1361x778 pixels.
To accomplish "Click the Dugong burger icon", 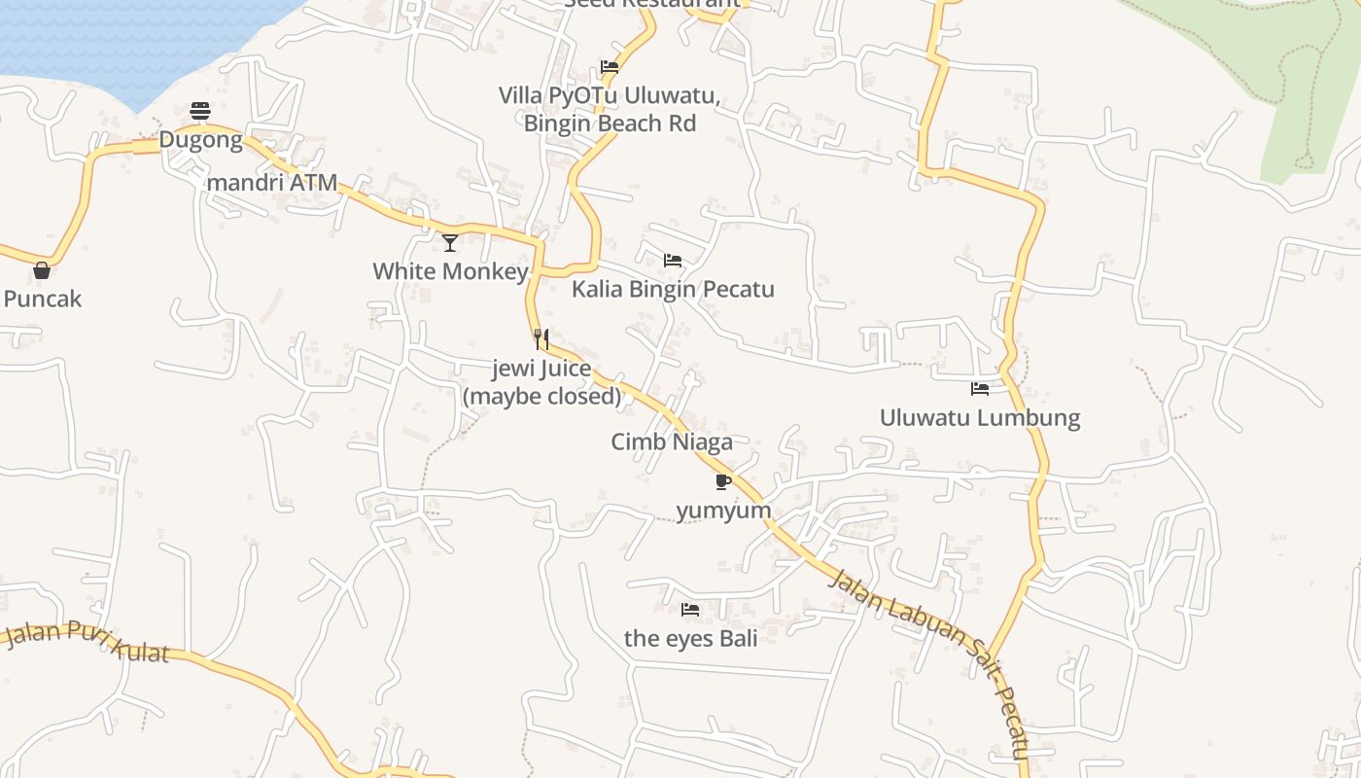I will pos(200,111).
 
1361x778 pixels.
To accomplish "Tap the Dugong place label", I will pos(200,140).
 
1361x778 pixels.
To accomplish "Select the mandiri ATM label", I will pos(272,182).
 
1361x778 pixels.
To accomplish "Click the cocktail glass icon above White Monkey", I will pos(450,242).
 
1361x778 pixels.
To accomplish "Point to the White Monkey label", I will pos(450,271).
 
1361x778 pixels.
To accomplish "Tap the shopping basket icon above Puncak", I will pos(42,270).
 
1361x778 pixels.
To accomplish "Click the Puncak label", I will pos(43,299).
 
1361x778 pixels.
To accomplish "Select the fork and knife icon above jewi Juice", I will pos(541,339).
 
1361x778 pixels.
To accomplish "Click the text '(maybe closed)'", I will pos(541,396).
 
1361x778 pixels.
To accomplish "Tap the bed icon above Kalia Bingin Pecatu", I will pos(672,261).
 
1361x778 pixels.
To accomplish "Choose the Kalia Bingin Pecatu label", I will pos(673,289).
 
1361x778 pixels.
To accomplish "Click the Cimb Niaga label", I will pos(672,442).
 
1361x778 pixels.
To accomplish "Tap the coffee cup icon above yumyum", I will pos(723,481).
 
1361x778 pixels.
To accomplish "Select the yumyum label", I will pos(723,511).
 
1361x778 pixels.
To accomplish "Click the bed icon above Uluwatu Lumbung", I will pos(980,389).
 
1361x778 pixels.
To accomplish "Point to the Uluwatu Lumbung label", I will pos(980,418).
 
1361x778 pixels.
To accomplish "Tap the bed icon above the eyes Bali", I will pos(690,610).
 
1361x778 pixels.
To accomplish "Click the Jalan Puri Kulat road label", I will pos(87,642).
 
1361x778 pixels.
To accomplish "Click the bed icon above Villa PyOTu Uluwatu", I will pos(610,67).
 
